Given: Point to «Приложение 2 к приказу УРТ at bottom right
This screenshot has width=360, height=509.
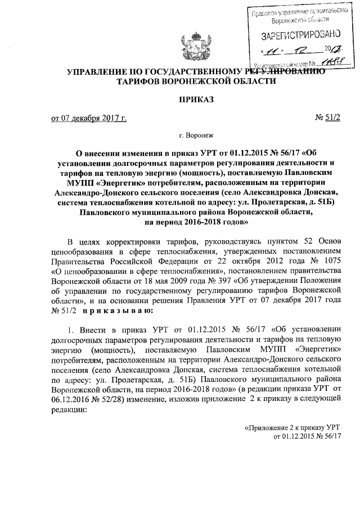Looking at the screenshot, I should coord(292,429).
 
